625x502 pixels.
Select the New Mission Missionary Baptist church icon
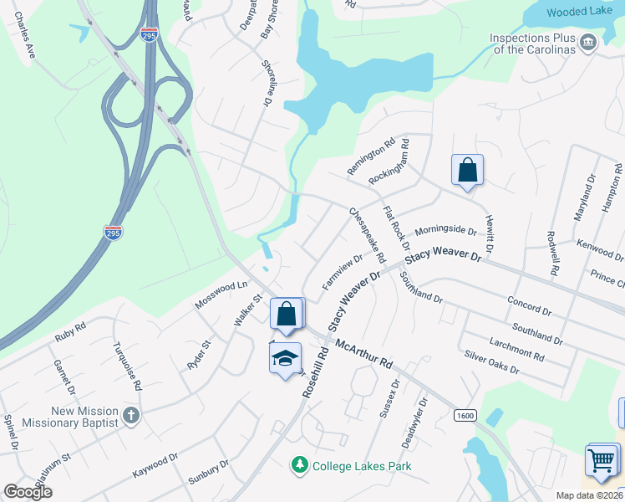pyautogui.click(x=130, y=415)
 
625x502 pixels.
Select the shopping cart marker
pyautogui.click(x=602, y=460)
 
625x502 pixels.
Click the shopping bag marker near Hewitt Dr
pyautogui.click(x=468, y=170)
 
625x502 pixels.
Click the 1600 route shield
pyautogui.click(x=465, y=416)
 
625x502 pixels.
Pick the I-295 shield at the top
pyautogui.click(x=149, y=36)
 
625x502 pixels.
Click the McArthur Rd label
pyautogui.click(x=363, y=354)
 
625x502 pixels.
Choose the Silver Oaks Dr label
pyautogui.click(x=492, y=362)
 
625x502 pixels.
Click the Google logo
pyautogui.click(x=28, y=492)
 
